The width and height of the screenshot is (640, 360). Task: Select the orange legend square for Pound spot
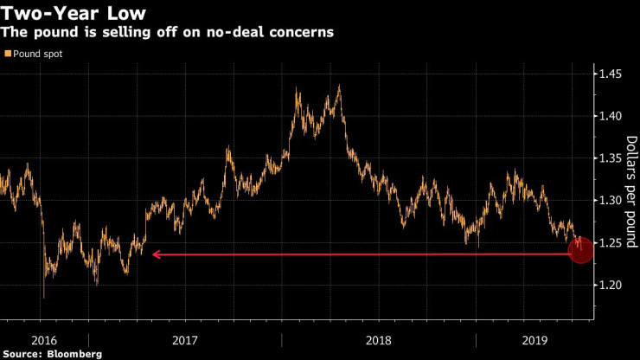8,55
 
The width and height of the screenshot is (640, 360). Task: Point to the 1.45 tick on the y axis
611,74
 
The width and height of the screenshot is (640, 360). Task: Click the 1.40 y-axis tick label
611,116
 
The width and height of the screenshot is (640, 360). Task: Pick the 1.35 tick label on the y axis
611,158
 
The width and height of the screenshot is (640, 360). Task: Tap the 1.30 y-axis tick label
611,201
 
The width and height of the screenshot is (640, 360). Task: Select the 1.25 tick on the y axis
611,243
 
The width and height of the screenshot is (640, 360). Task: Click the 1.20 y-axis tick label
611,286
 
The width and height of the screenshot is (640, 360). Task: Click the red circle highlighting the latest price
580,251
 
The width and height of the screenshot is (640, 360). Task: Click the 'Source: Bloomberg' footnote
53,353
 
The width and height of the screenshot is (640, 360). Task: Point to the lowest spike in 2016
43,297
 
